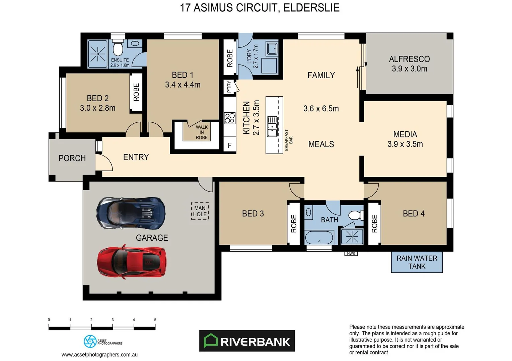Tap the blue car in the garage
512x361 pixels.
pyautogui.click(x=131, y=213)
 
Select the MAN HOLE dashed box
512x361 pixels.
pyautogui.click(x=200, y=211)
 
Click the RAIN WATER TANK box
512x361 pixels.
pyautogui.click(x=417, y=262)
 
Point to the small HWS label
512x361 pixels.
pyautogui.click(x=351, y=254)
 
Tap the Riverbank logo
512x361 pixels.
pyautogui.click(x=247, y=341)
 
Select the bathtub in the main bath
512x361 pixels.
pyautogui.click(x=319, y=238)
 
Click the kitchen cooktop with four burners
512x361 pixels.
pyautogui.click(x=230, y=118)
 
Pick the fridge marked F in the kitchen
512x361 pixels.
pyautogui.click(x=230, y=145)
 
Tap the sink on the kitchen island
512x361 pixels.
pyautogui.click(x=272, y=126)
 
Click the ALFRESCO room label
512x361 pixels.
pyautogui.click(x=409, y=59)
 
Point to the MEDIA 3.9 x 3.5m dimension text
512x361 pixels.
pyautogui.click(x=405, y=144)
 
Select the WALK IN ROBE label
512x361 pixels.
pyautogui.click(x=202, y=132)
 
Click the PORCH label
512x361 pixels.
pyautogui.click(x=72, y=158)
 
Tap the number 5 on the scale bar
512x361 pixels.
pyautogui.click(x=155, y=320)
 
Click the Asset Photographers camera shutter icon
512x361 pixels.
pyautogui.click(x=90, y=342)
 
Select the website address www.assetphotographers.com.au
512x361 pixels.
pyautogui.click(x=99, y=355)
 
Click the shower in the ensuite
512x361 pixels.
pyautogui.click(x=97, y=54)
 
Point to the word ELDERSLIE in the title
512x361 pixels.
pyautogui.click(x=311, y=8)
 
